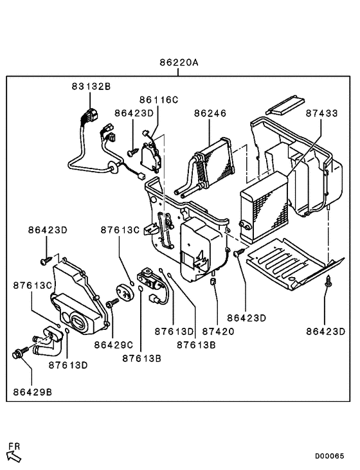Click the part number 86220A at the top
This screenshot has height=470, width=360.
click(179, 63)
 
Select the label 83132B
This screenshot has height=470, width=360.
click(91, 86)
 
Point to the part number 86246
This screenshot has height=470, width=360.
click(210, 113)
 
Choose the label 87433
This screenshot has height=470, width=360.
click(321, 113)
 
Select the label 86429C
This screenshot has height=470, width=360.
click(113, 345)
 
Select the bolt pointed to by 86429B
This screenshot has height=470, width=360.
click(18, 353)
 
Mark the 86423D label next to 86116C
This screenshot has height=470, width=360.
click(134, 113)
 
